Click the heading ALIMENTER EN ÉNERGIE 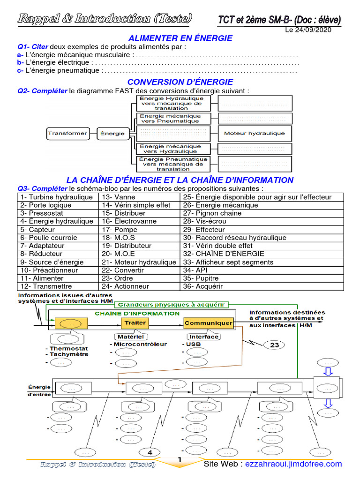coord(180,38)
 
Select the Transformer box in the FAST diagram coord(67,133)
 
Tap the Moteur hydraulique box coord(254,133)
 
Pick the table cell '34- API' coord(195,270)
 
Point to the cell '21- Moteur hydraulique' coord(139,262)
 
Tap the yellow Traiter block coord(135,322)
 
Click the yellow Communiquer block coord(208,323)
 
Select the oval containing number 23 coord(274,345)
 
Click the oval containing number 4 coord(150,452)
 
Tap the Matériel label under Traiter coord(131,336)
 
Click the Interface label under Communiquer coord(203,336)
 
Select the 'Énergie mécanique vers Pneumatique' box coord(171,118)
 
